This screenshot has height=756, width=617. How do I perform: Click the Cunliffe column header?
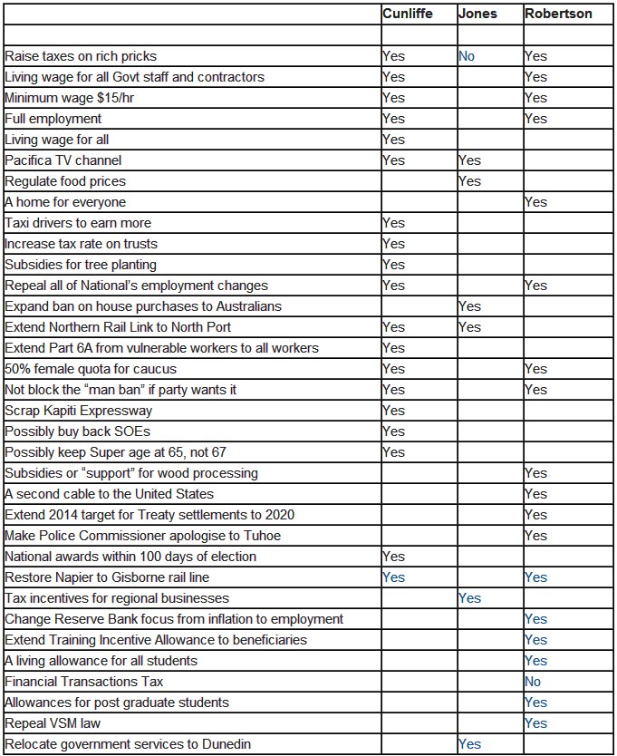point(409,14)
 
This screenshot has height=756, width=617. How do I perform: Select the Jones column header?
point(477,14)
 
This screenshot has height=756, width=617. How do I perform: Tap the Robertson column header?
point(560,14)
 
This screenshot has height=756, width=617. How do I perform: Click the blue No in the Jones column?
point(467,56)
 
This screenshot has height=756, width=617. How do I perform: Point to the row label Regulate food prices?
point(65,181)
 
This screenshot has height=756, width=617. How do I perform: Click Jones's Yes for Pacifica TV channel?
point(469,160)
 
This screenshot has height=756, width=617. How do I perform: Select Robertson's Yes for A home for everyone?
point(535,202)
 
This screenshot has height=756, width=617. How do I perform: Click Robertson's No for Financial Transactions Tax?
point(533,682)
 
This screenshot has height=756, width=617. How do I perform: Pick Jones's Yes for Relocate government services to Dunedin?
point(469,744)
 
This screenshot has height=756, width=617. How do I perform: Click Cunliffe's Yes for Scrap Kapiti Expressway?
point(393,411)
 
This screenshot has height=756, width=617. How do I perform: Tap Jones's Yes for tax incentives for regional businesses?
point(469,598)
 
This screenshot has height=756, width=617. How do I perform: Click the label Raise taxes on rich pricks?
point(81,56)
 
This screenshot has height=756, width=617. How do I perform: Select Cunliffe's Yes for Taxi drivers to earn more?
point(393,223)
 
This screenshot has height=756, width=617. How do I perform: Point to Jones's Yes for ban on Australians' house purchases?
point(469,306)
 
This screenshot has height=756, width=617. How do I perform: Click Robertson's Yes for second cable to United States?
point(535,494)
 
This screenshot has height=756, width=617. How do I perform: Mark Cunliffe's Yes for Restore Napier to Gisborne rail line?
point(393,577)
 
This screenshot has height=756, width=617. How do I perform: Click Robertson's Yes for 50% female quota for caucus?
point(535,369)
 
